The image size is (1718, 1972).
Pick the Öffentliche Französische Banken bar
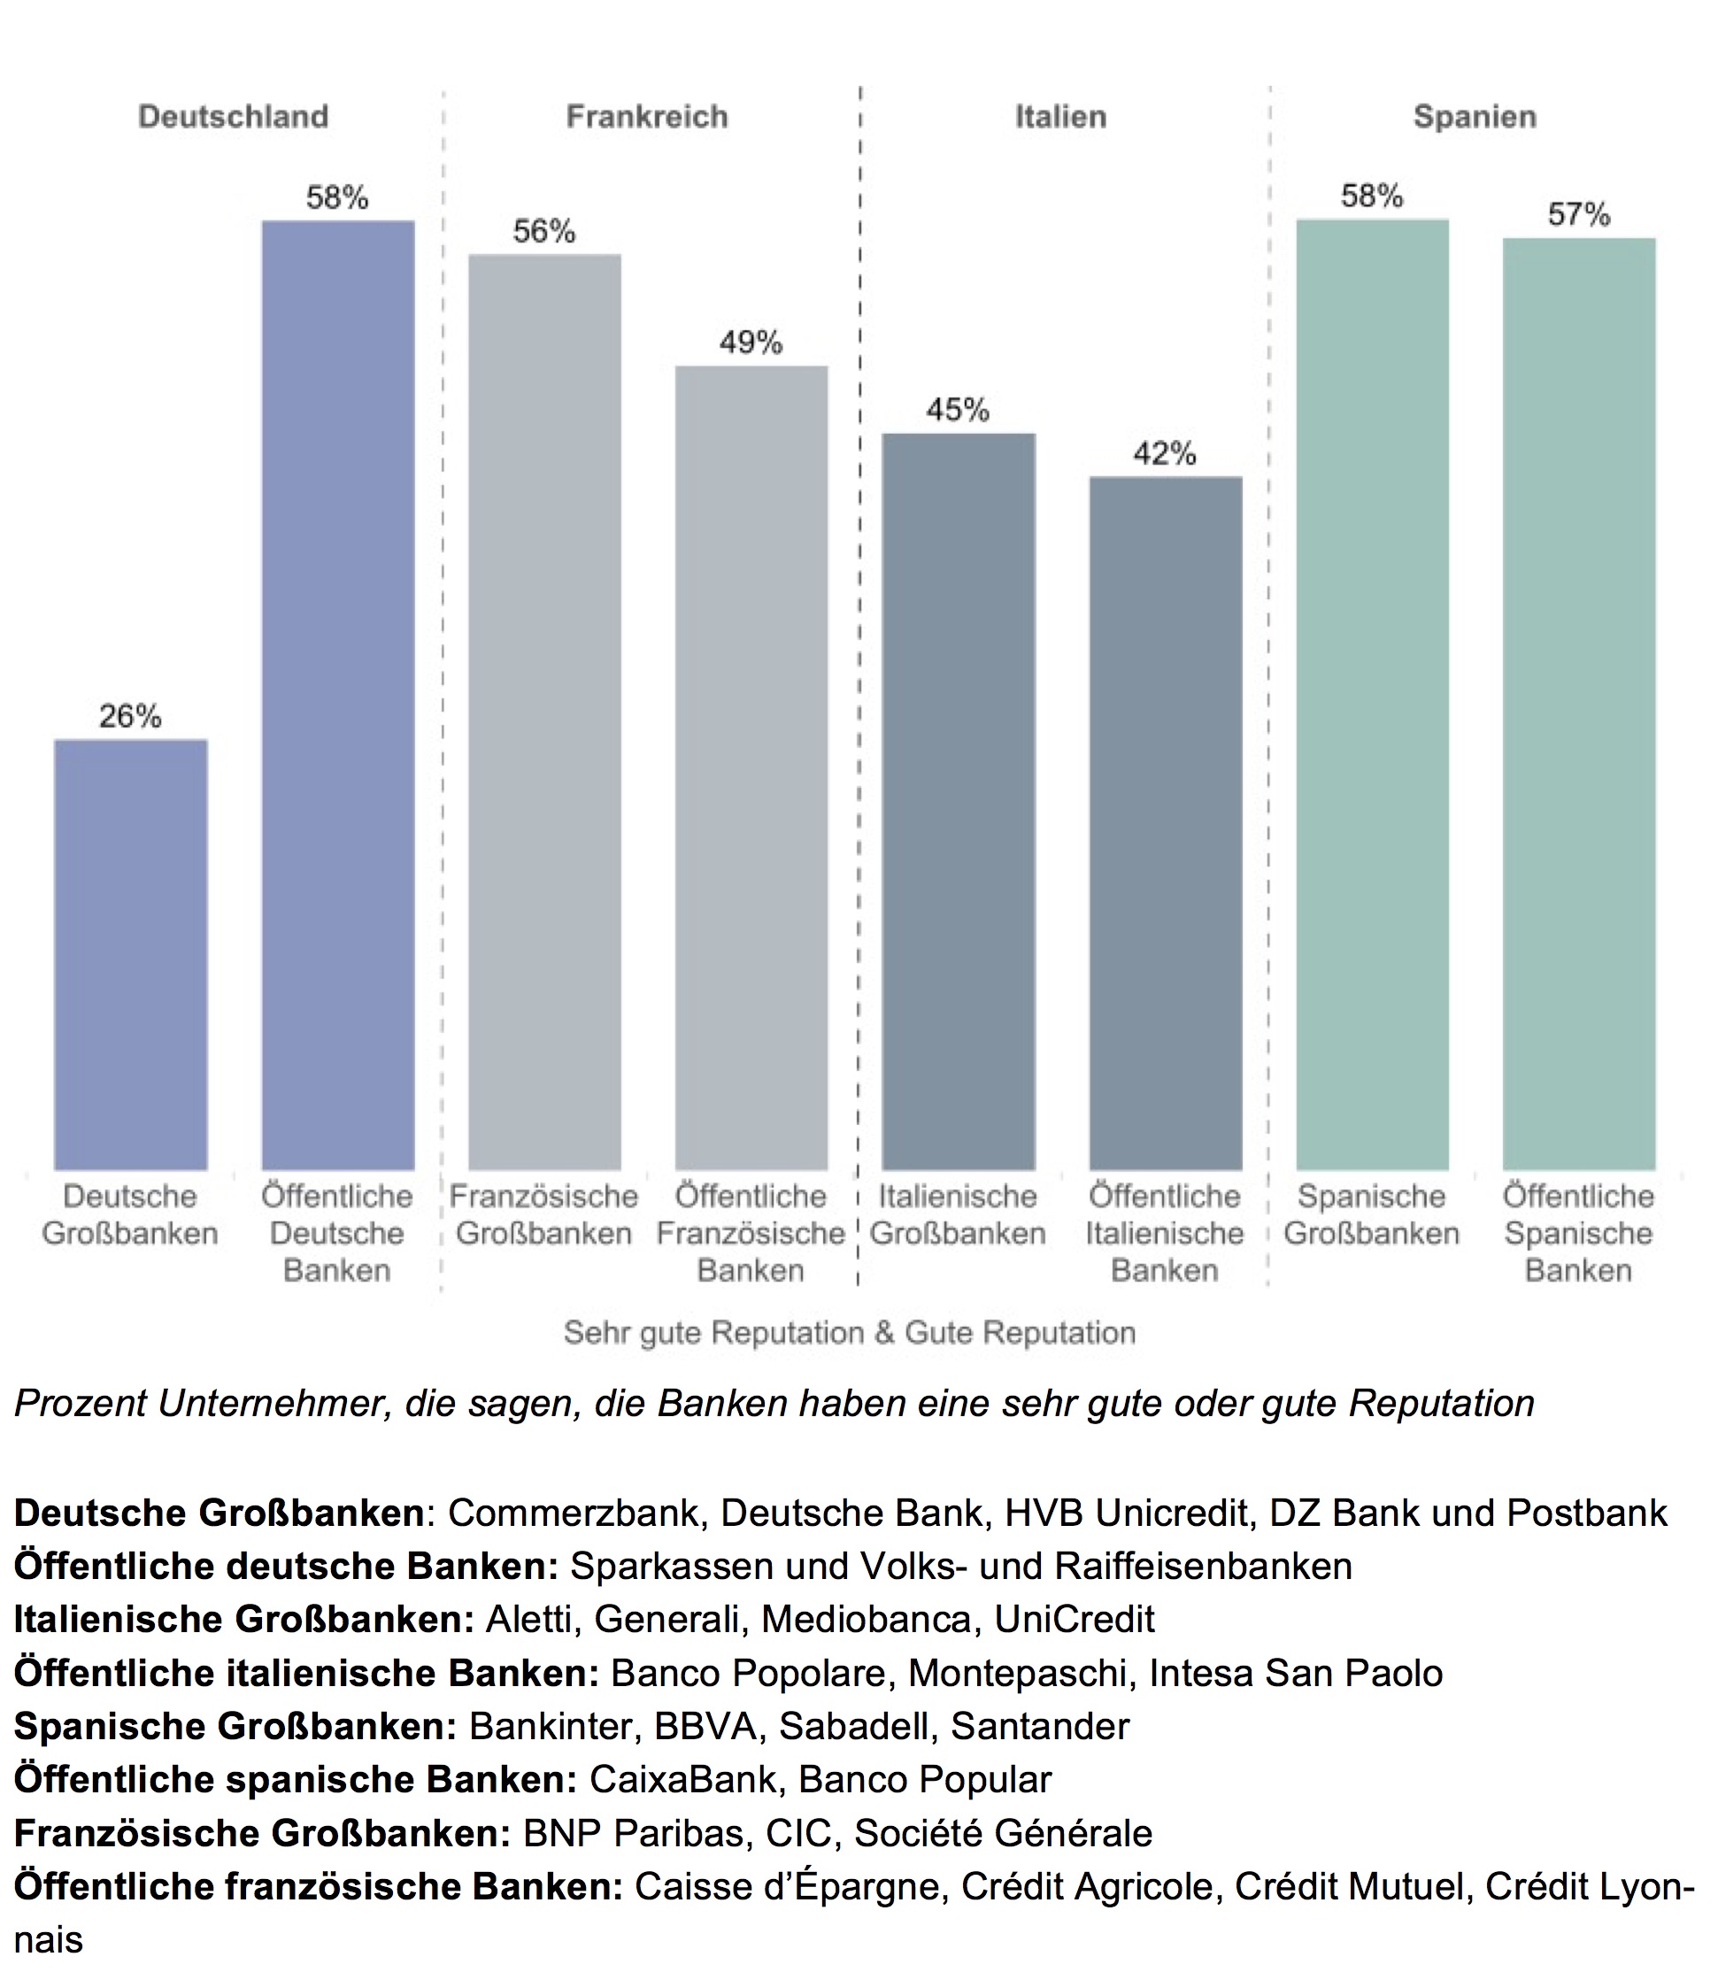point(751,767)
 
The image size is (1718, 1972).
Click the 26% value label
point(130,716)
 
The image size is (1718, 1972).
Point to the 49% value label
point(751,343)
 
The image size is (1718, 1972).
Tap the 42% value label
point(1165,453)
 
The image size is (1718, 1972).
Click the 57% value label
point(1579,215)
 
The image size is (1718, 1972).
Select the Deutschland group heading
point(233,117)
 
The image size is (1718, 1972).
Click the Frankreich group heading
point(647,117)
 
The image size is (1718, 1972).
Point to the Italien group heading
point(1061,117)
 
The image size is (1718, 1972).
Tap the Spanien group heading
point(1475,117)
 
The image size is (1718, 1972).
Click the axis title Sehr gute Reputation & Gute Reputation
point(850,1333)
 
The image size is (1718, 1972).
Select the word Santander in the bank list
point(1040,1726)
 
